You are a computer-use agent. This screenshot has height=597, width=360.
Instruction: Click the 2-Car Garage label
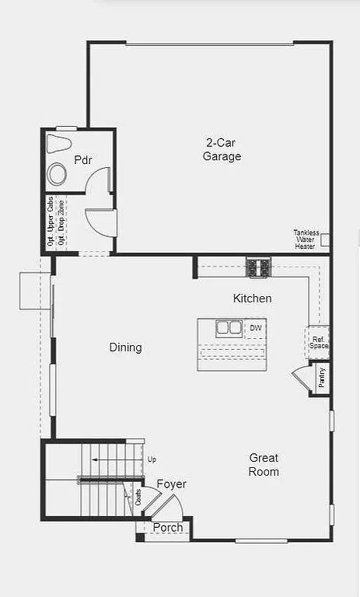222,149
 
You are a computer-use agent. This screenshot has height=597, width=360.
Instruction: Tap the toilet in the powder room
59,144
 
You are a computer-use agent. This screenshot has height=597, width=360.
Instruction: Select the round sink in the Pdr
58,173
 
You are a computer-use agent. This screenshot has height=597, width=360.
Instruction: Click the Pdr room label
83,160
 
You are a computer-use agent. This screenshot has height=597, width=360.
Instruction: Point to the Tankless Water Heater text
305,239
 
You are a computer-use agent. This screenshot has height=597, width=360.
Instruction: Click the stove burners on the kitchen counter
258,267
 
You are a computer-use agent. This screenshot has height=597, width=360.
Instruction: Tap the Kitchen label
253,298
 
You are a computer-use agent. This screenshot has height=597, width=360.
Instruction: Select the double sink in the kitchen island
229,327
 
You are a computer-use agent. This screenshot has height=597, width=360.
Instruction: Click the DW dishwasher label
255,328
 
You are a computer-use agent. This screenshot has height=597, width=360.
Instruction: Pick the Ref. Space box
319,342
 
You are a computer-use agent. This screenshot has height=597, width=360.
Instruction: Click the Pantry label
322,378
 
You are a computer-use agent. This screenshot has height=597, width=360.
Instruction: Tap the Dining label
125,347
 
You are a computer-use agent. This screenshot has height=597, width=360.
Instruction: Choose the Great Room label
264,465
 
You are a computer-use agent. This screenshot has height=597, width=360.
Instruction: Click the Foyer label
171,484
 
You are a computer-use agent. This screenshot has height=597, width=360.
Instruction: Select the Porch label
168,528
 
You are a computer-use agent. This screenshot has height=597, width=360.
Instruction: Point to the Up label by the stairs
152,459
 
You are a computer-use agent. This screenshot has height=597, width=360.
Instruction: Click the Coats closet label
138,497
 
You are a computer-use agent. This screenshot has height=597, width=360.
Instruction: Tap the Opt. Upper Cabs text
51,222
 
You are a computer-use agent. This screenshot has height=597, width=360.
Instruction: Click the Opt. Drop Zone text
61,222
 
